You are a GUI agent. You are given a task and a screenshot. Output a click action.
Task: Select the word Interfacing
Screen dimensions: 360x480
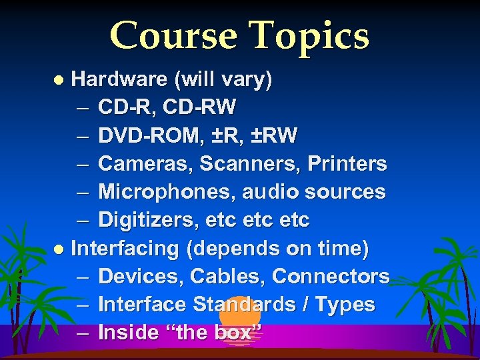coord(125,249)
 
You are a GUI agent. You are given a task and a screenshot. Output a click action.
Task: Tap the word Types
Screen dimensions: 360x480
coord(345,305)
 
